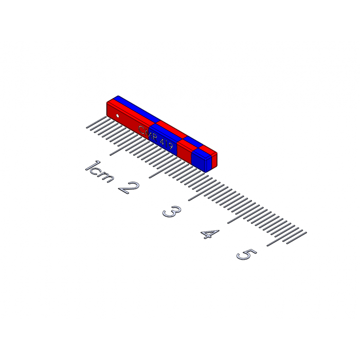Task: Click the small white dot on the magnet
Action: [x=117, y=116]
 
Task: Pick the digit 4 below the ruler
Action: [x=210, y=235]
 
